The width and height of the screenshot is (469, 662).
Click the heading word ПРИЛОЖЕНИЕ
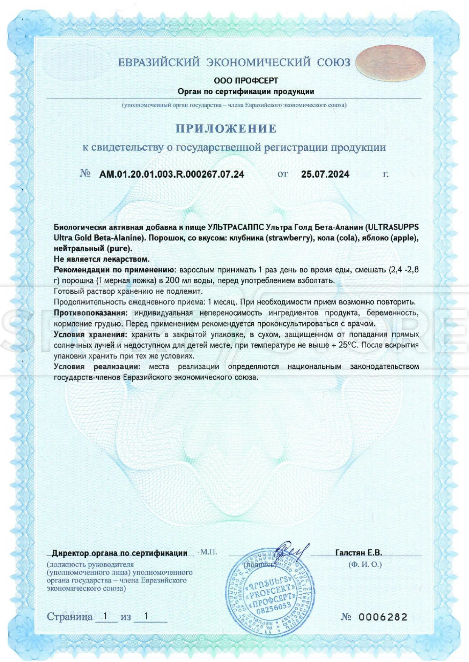(226, 129)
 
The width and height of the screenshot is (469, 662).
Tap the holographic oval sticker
(390, 63)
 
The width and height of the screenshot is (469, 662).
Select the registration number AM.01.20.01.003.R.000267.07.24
(172, 174)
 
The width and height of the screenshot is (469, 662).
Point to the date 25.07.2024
(325, 174)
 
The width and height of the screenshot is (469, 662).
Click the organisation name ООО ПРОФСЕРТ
(246, 81)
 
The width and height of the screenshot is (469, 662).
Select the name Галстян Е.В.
(358, 553)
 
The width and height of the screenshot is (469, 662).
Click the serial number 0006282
(383, 617)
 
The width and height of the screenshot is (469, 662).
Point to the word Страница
(70, 617)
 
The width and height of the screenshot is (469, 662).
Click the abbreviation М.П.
(209, 552)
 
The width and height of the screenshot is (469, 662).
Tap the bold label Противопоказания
(90, 313)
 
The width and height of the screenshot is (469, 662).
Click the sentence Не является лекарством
(102, 259)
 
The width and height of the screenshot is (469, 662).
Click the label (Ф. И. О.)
(365, 565)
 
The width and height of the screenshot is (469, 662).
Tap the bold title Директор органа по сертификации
(119, 553)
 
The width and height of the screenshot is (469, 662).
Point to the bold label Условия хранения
(90, 334)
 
